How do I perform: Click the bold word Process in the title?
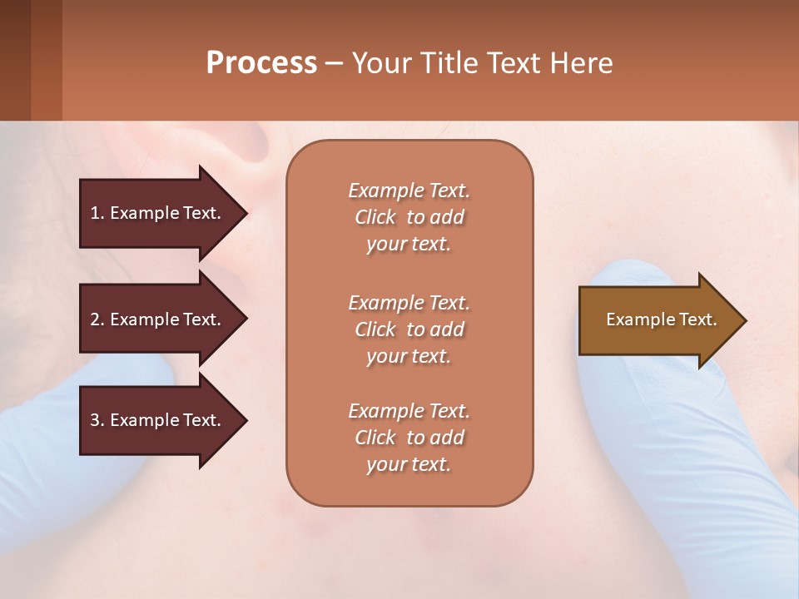(261, 63)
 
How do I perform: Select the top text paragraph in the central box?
(409, 217)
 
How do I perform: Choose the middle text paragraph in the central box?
(409, 329)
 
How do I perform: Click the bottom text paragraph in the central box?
(409, 438)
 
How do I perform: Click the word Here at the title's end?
(583, 63)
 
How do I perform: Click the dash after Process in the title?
(334, 63)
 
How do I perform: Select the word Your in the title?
(379, 63)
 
